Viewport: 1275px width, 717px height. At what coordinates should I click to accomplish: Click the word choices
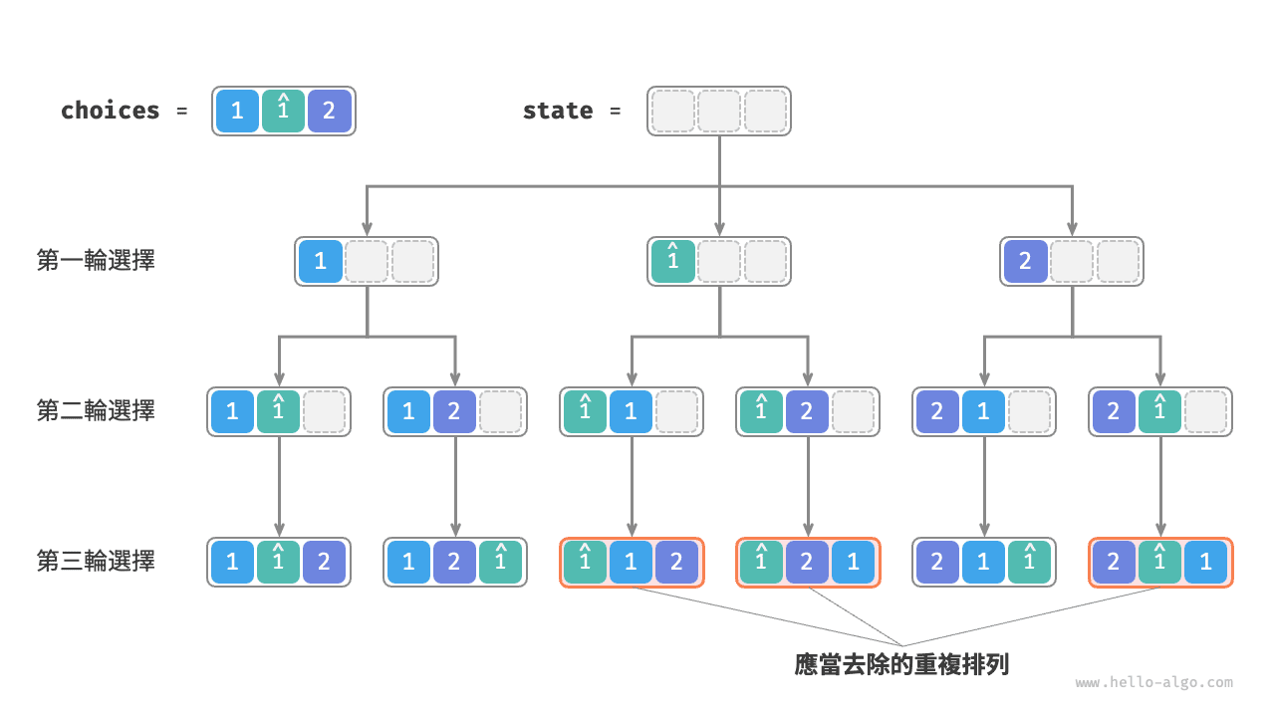point(110,111)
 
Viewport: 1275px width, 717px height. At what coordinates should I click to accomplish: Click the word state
point(557,111)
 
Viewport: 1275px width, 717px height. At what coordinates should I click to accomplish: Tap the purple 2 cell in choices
point(330,111)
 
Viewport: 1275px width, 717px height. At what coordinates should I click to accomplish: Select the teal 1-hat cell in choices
point(283,111)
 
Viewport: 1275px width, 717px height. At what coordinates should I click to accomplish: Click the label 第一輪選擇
point(96,261)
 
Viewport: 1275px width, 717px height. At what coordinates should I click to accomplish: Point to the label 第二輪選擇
point(96,410)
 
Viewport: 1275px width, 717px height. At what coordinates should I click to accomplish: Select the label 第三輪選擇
point(96,561)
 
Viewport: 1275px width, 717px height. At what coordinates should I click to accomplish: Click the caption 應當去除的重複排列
point(901,664)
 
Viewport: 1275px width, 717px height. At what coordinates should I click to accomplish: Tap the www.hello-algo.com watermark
point(1153,683)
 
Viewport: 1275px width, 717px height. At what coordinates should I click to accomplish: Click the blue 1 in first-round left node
point(320,261)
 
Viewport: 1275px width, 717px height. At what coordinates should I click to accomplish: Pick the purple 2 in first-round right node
point(1025,261)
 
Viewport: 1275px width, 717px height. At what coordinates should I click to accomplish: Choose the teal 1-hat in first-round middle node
point(672,261)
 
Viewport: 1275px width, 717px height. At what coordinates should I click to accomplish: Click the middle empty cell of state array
point(719,111)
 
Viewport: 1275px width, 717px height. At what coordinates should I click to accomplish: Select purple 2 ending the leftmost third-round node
point(324,562)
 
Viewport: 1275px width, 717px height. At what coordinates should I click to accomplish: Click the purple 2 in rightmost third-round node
point(1113,562)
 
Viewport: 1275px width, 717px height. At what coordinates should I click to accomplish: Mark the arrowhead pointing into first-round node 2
point(1073,228)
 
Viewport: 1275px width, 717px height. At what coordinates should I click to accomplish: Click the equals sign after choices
point(181,111)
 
